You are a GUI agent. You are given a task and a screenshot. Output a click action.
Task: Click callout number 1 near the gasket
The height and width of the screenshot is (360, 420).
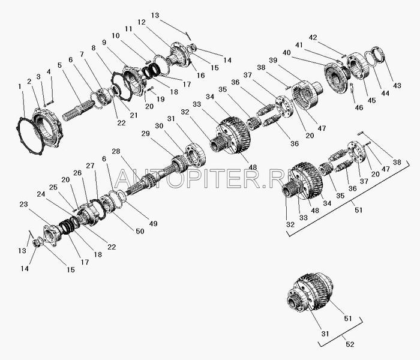pos(20,86)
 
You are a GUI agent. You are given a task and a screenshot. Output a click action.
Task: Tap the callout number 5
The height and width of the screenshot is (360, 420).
pos(59,65)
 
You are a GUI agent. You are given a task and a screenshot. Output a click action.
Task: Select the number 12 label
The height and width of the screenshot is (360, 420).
pos(142,22)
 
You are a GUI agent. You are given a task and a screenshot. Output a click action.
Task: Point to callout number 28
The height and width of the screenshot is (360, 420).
pos(116,152)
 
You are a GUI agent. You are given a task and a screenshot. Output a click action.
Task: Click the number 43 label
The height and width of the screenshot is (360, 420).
pos(397,85)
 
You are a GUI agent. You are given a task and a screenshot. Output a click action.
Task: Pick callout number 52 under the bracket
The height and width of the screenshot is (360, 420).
pos(350,344)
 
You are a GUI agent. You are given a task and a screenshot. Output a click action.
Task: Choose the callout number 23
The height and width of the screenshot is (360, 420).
pos(23,204)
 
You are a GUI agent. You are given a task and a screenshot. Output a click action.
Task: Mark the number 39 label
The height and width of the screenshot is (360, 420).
pos(273,60)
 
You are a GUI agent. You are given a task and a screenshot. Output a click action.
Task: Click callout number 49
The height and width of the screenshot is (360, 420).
pos(153,223)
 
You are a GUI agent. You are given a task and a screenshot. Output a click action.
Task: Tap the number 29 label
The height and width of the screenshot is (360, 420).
pos(145,133)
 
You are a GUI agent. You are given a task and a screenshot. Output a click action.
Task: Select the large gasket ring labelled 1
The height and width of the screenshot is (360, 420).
pos(24,134)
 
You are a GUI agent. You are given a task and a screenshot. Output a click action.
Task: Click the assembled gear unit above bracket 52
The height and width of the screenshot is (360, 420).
pos(310,293)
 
